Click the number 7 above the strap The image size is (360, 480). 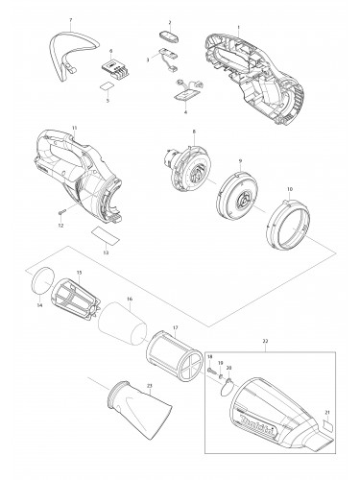tap(70, 20)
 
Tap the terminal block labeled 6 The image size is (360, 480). tap(111, 66)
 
